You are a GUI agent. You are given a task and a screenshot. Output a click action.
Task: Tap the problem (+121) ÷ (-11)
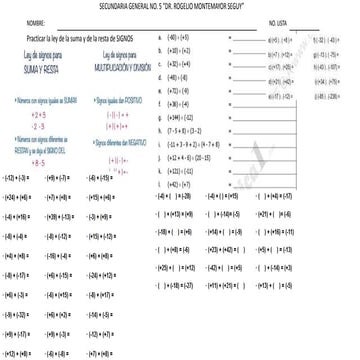pyautogui.click(x=181, y=171)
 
